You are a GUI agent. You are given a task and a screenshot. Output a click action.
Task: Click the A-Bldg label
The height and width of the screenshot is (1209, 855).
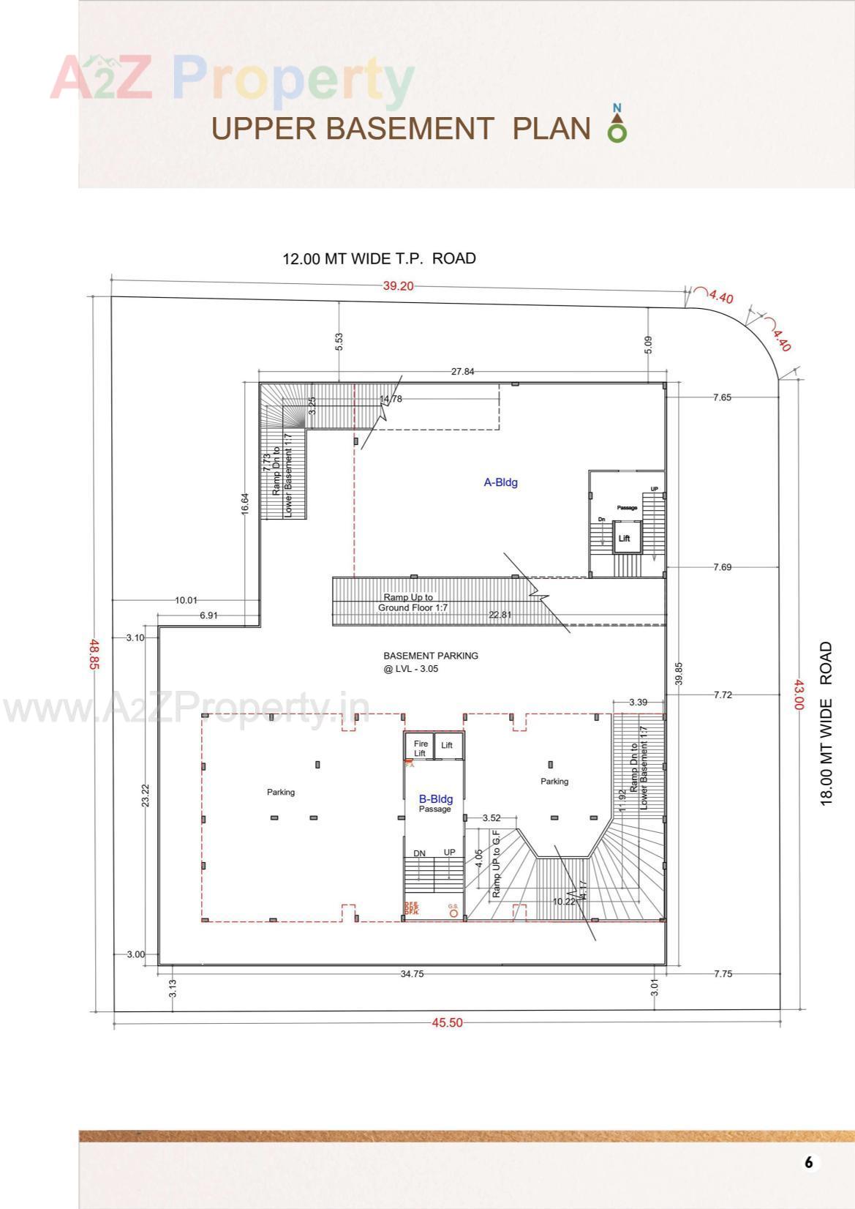[501, 482]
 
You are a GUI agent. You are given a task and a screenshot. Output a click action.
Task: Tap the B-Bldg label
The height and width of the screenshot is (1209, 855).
[435, 799]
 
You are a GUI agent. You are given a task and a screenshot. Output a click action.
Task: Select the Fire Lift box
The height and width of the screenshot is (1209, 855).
[420, 748]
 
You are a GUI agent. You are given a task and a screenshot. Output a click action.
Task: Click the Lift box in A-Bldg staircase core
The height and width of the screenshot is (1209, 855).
[624, 538]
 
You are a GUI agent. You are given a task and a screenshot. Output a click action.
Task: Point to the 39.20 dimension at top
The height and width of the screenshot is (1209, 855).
[398, 285]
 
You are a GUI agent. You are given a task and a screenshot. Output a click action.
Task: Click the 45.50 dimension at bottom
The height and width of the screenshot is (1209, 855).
[447, 1022]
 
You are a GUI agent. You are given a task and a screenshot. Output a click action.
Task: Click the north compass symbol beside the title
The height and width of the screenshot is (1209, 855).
[617, 124]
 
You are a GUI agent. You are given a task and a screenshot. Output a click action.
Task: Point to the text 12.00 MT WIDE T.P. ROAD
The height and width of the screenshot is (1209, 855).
[379, 258]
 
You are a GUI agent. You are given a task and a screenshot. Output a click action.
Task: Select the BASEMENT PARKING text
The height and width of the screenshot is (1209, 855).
[431, 656]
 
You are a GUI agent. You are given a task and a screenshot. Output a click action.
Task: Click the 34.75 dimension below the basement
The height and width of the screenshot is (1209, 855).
[412, 973]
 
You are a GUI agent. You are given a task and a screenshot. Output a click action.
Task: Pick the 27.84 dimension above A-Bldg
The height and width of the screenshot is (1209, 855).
[462, 372]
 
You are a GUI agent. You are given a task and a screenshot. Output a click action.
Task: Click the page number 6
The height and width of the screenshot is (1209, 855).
[808, 1162]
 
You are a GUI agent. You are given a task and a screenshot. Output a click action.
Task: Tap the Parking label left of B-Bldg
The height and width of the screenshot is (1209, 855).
[281, 792]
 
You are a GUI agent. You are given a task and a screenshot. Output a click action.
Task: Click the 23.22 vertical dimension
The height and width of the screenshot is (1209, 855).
[145, 796]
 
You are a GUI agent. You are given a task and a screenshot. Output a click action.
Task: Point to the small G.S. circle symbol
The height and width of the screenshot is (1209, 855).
[453, 913]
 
